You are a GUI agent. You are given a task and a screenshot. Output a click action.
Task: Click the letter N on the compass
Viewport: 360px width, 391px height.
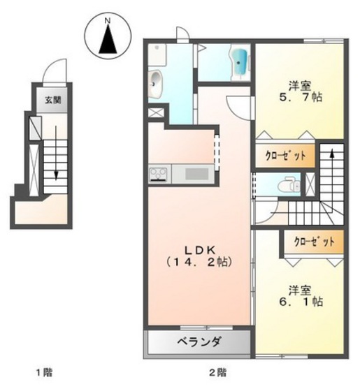click(108, 21)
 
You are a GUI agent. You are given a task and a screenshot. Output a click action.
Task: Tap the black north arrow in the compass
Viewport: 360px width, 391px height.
click(108, 39)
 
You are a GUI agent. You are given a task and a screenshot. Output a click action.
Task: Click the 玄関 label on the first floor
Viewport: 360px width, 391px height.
click(53, 100)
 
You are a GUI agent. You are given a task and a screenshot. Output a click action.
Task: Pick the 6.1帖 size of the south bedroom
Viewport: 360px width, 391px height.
click(303, 302)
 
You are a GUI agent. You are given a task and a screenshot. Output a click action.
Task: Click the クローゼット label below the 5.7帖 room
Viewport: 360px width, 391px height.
click(285, 155)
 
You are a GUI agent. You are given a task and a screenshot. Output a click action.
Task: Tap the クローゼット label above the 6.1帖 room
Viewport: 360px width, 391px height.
click(313, 242)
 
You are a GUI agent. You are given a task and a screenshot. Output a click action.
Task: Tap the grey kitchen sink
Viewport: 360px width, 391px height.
click(196, 174)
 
